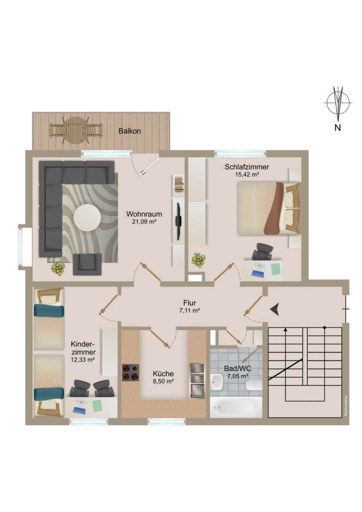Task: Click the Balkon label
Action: pyautogui.click(x=129, y=131)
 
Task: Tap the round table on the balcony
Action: pyautogui.click(x=76, y=130)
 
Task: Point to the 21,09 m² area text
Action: pyautogui.click(x=144, y=222)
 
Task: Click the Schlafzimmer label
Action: pyautogui.click(x=247, y=167)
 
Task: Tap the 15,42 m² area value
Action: pyautogui.click(x=247, y=174)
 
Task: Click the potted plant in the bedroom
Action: pyautogui.click(x=199, y=260)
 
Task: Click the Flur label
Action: pyautogui.click(x=190, y=303)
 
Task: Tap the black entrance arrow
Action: pyautogui.click(x=275, y=309)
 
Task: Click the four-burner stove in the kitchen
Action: pyautogui.click(x=131, y=373)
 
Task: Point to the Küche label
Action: pyautogui.click(x=163, y=374)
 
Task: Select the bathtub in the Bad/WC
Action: pyautogui.click(x=235, y=407)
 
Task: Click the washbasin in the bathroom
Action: pyautogui.click(x=217, y=383)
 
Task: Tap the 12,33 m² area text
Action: pyautogui.click(x=83, y=360)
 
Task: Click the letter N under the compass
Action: pyautogui.click(x=338, y=128)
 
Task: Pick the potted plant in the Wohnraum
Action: pyautogui.click(x=58, y=268)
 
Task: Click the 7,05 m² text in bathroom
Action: pyautogui.click(x=238, y=376)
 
